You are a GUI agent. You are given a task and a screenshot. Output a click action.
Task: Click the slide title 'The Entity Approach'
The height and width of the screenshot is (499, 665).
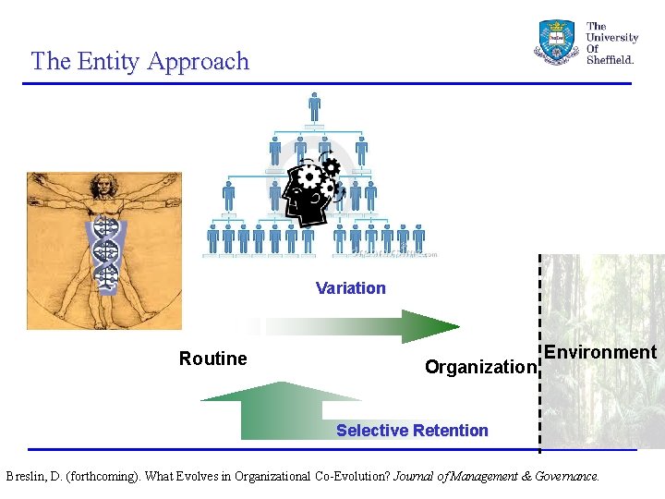coord(139,61)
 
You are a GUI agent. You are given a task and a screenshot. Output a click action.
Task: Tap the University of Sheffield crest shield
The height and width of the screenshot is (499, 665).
coord(556,42)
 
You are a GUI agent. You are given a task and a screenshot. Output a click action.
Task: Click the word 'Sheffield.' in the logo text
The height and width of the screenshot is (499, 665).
coord(611,60)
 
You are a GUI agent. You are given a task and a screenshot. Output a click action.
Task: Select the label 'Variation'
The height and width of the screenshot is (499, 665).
coord(350,288)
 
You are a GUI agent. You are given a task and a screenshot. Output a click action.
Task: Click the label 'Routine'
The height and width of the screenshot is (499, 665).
coord(212,359)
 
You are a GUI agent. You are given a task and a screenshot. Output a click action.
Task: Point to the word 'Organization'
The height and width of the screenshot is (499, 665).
coord(479,367)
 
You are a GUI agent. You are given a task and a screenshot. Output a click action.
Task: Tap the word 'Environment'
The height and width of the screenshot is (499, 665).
coord(599,352)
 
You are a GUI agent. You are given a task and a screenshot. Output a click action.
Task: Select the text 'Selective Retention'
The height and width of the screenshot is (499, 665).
coord(412,431)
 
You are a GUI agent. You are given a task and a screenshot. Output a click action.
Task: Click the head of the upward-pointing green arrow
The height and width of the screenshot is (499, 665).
coord(281,391)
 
